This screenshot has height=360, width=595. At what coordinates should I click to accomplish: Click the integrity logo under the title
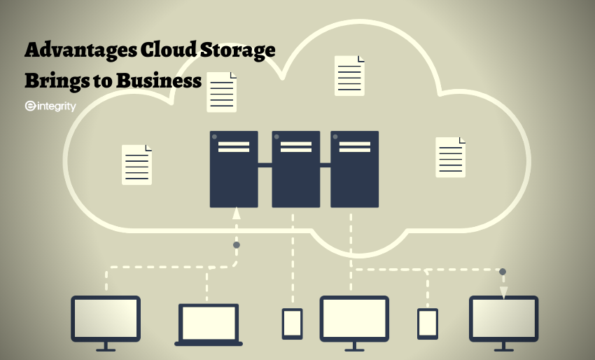coord(50,106)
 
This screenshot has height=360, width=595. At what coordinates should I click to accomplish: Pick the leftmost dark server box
coord(234,169)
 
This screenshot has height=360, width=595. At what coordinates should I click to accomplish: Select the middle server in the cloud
coord(295,169)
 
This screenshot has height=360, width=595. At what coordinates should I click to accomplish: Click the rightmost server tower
coord(354,169)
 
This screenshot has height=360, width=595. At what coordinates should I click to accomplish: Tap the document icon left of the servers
coord(136,165)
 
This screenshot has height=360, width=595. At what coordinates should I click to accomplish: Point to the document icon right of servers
coord(450,157)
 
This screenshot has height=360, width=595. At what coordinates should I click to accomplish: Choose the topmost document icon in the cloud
coord(349,76)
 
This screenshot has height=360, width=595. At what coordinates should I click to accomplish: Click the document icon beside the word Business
coord(221,92)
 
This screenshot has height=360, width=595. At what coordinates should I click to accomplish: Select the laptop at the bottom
coord(209,324)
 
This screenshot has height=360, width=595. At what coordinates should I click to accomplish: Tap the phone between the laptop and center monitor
coord(293,323)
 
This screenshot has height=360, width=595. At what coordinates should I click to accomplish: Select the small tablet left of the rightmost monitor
coord(428,323)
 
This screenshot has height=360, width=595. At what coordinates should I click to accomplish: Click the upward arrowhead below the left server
coord(237,214)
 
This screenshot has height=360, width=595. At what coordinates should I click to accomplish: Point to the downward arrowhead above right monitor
coord(503,293)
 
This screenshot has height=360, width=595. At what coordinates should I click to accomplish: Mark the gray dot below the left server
coord(237,245)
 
